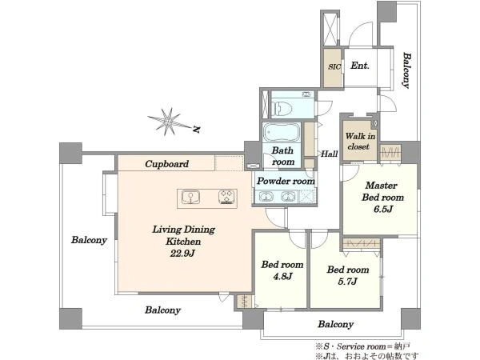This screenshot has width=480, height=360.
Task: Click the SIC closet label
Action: pos(334,66)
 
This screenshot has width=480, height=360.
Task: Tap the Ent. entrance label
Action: pos(360,66)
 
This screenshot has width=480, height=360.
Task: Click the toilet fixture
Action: pos(282,108)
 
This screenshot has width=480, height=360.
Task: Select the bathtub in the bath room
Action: pos(282,132)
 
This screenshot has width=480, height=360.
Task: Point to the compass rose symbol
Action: pos(168,122)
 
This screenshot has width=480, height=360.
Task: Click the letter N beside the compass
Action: pos(197,130)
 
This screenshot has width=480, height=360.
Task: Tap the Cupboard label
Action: pos(167,164)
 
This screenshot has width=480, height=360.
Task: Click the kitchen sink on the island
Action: pos(190,197)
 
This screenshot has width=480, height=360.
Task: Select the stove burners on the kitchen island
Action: pos(227,197)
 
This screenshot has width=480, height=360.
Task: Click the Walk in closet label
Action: pos(360,141)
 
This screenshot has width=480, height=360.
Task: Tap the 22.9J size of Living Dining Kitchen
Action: pos(182,253)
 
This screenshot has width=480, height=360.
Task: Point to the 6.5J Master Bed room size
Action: pos(382,209)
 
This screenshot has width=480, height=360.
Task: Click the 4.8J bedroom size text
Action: pos(282,277)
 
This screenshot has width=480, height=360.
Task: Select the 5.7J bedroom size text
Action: pos(347,282)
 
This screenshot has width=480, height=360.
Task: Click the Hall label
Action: pos(330,154)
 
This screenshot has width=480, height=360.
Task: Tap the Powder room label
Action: pos(286,181)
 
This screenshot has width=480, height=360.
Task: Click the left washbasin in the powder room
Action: pos(266,196)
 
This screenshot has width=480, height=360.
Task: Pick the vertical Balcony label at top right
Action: pos(406,70)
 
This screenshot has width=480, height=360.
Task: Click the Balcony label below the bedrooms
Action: pos(335,324)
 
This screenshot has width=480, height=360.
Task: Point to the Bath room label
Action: pos(283,156)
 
